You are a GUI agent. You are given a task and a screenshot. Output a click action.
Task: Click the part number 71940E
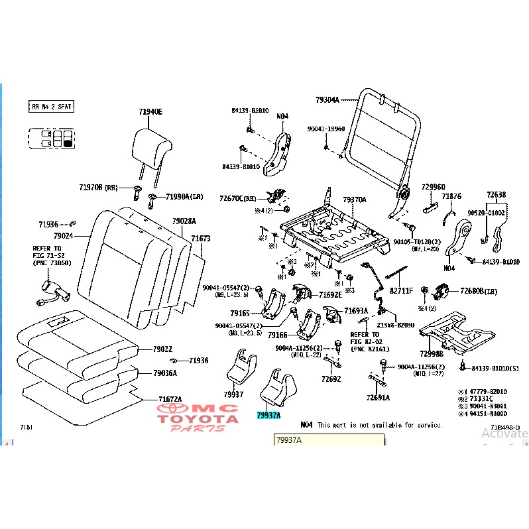pos(150,111)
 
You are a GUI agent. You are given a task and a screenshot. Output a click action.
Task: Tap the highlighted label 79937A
pos(268,416)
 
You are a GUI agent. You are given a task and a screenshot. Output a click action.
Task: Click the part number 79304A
pos(327,100)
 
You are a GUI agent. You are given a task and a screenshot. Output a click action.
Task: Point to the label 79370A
pos(354,200)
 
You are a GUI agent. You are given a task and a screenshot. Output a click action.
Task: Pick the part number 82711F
pos(401,290)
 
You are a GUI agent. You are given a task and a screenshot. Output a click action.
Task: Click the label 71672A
pos(170,398)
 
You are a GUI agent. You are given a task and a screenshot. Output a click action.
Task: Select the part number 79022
pos(162,349)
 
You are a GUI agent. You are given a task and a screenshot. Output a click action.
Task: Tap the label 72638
pos(496,195)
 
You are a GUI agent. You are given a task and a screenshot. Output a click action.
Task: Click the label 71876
pos(451,196)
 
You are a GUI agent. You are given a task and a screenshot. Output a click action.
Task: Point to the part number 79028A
pos(184,221)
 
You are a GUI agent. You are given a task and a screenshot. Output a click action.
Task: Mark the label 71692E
pos(330,294)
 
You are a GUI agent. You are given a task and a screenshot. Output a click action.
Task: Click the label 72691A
pos(378,398)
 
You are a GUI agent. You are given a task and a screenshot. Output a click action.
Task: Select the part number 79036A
pos(165,373)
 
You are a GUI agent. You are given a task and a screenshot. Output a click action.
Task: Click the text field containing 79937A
pos(328,440)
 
